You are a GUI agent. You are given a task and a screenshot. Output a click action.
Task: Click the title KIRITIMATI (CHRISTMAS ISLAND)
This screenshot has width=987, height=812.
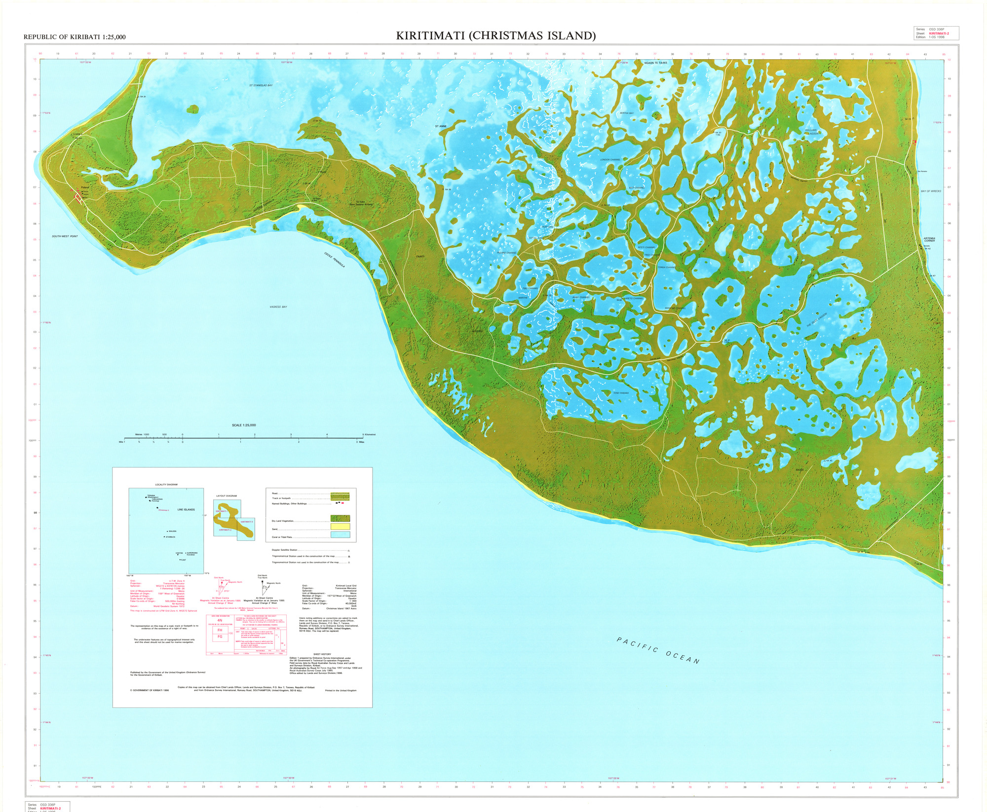[x=495, y=35]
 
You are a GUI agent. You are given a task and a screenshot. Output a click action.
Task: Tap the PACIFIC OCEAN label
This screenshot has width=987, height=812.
[x=658, y=650]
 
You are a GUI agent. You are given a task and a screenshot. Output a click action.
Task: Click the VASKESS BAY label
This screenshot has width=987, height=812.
[x=278, y=307]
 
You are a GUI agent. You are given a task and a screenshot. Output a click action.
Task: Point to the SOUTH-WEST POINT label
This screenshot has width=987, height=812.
[x=65, y=236]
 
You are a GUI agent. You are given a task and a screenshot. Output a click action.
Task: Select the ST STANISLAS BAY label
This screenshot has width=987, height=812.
[x=261, y=85]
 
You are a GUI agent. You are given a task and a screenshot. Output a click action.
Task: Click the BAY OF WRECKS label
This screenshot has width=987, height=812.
[x=931, y=191]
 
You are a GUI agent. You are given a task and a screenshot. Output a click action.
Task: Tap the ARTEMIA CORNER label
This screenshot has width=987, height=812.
[x=929, y=240]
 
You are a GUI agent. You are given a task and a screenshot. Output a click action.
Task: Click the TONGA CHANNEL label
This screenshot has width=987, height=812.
[x=667, y=267]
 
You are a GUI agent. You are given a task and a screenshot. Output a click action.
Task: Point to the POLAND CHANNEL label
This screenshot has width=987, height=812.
[x=507, y=252]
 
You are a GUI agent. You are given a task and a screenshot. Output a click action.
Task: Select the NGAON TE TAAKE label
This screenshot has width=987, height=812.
[x=655, y=63]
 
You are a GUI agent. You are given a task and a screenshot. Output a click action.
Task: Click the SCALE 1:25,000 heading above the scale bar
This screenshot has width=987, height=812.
[x=244, y=425]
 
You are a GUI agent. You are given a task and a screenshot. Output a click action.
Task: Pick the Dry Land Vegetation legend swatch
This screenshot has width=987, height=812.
[x=340, y=519]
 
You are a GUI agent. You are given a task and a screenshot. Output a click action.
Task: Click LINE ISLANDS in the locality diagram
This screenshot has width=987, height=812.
[x=186, y=509]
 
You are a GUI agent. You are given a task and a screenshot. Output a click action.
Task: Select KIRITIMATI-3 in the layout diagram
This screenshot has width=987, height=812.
[x=247, y=521]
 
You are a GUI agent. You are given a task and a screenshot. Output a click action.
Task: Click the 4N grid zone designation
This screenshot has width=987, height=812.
[x=220, y=620]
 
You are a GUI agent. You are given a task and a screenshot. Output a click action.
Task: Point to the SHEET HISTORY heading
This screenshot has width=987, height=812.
[x=322, y=654]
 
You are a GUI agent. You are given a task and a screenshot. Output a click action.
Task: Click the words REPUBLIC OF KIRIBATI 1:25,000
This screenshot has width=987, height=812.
[x=75, y=37]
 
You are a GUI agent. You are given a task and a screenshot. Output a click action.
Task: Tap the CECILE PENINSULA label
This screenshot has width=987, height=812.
[x=335, y=260]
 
